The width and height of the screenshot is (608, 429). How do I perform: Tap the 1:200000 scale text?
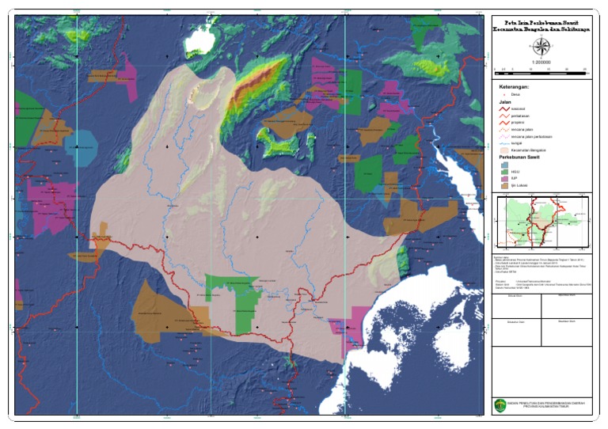(542, 62)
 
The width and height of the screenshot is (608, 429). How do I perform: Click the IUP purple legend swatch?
(503, 179)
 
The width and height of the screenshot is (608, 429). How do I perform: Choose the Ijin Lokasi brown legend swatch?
(503, 186)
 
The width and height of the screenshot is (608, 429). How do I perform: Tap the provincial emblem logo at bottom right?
(500, 404)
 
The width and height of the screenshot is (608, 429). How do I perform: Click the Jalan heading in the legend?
(504, 102)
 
